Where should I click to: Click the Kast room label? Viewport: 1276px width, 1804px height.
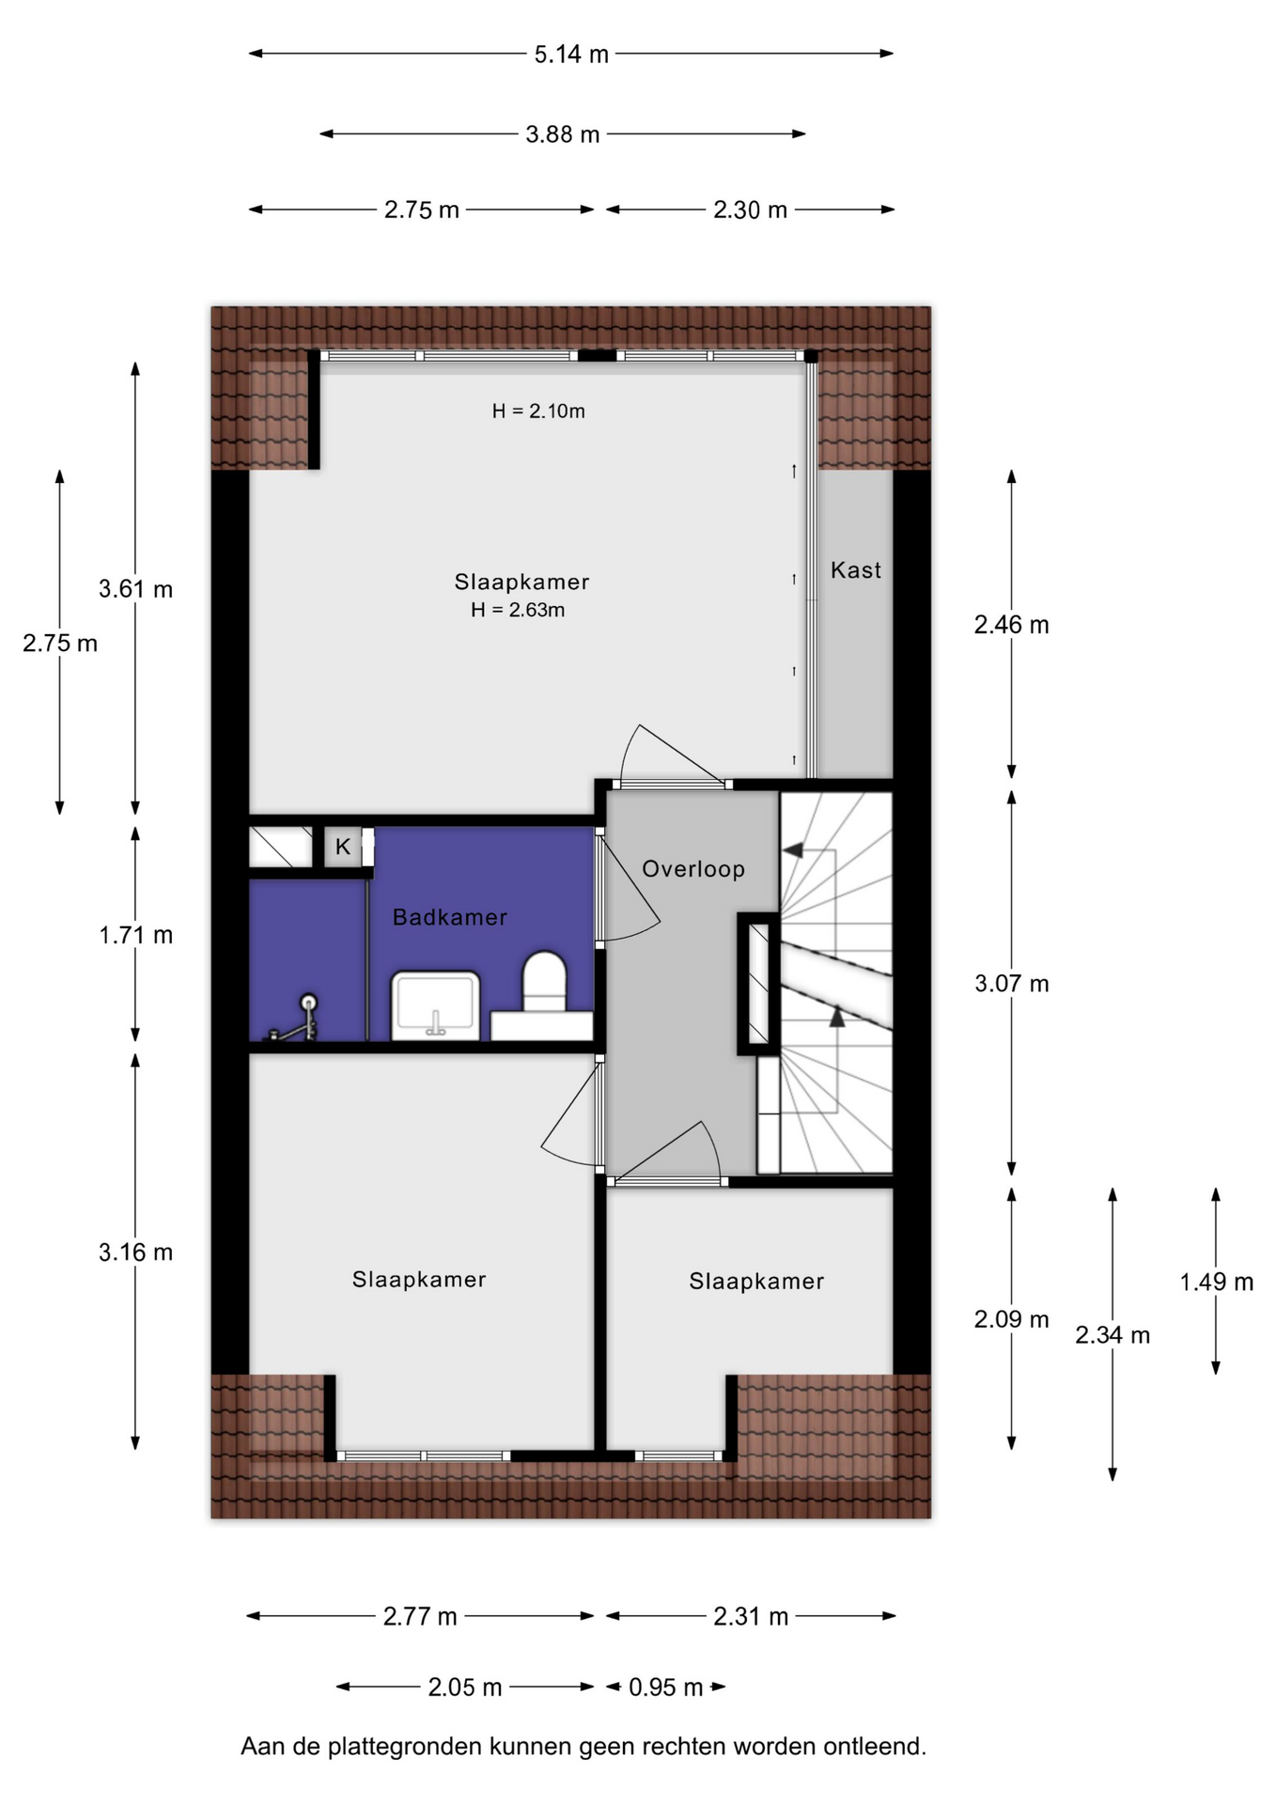[855, 570]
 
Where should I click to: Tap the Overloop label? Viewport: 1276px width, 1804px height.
[693, 869]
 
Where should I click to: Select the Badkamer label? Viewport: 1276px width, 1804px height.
[450, 917]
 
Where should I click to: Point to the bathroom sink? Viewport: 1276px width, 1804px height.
[436, 1006]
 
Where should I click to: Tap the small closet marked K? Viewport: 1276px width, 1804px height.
[343, 847]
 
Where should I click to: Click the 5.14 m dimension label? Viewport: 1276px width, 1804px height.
[571, 54]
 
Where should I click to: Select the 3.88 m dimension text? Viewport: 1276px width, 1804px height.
[562, 134]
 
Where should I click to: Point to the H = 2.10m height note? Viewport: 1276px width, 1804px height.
[538, 411]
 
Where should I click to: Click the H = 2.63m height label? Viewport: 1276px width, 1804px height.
[518, 610]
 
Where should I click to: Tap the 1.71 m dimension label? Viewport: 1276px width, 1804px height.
[136, 935]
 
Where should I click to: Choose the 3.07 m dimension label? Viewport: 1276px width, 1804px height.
[1012, 984]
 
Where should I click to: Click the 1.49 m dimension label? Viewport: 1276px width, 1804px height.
[1217, 1282]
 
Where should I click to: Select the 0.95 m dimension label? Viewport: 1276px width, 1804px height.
[666, 1687]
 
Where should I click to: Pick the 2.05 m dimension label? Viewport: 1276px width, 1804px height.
[465, 1687]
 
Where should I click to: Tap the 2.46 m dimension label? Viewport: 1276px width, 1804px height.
[1012, 625]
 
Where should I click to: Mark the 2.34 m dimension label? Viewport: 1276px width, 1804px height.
[1113, 1335]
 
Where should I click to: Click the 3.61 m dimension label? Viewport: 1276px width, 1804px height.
[136, 589]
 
